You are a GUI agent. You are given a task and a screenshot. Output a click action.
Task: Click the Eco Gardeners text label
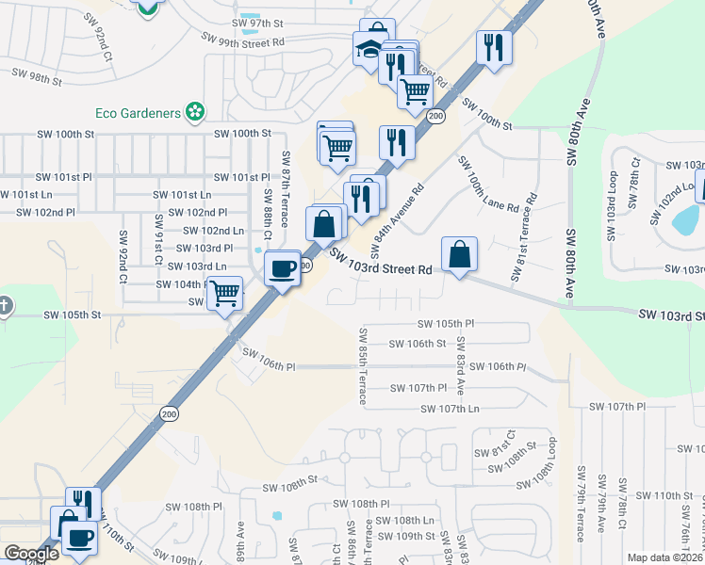coord(138,113)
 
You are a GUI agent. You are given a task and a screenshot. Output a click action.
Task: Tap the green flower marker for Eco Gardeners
coord(195,113)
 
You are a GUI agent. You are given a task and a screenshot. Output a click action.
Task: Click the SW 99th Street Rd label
coord(242,41)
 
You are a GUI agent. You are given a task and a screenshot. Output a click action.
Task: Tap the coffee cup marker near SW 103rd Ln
coord(283,268)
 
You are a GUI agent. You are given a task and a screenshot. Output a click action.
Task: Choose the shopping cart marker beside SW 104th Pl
coord(225,293)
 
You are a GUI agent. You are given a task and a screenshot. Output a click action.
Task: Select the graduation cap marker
coord(369,49)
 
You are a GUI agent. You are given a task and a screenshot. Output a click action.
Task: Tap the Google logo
coord(31,554)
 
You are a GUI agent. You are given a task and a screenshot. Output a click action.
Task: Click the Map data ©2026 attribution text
coord(665,557)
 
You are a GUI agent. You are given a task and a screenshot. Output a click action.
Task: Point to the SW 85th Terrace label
coord(361,365)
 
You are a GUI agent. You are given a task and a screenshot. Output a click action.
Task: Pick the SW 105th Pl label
coord(446,323)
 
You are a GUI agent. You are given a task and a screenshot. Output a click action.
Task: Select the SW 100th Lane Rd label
coord(488,185)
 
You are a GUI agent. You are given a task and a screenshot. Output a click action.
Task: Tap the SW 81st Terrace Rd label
coord(523,237)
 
